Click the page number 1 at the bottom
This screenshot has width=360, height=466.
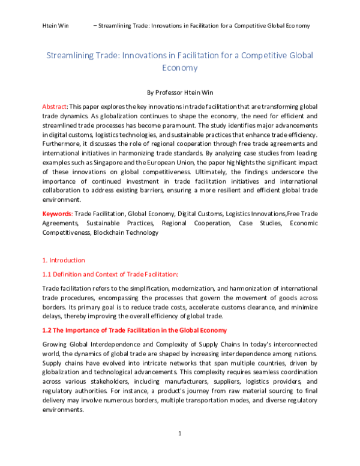point(180,433)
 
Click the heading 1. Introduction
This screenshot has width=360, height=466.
point(64,260)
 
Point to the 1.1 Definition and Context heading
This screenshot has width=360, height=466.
point(110,274)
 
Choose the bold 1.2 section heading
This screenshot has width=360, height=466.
point(134,331)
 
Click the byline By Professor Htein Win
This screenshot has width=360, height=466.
point(180,93)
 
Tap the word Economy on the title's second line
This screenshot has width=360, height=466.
point(180,68)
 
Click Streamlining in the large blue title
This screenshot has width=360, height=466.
point(74,55)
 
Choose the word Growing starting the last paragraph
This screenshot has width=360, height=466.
point(55,344)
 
